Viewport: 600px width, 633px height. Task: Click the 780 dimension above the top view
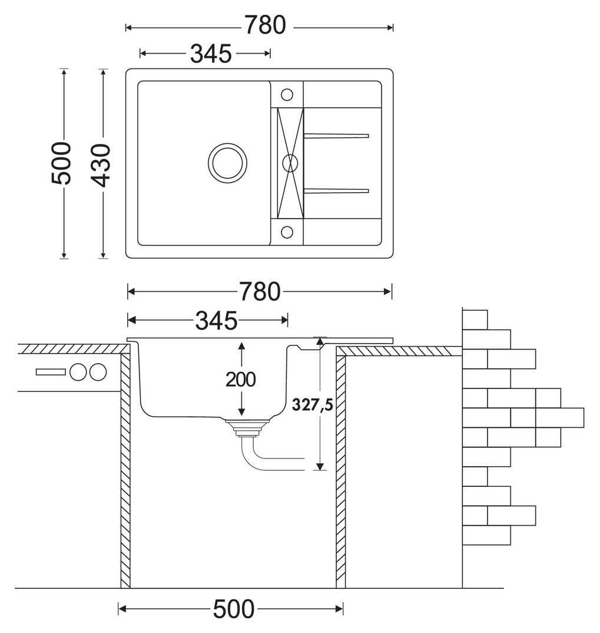(x=265, y=25)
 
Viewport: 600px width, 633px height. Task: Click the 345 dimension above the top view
(x=211, y=54)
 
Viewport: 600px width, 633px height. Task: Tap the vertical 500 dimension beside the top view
(x=61, y=163)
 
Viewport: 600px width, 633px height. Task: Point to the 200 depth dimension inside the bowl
(x=241, y=380)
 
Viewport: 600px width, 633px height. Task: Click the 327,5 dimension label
(x=313, y=404)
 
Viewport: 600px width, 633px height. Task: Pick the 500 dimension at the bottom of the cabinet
(x=234, y=609)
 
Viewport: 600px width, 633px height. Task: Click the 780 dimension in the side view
(x=260, y=292)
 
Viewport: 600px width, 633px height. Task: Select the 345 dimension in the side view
(x=217, y=321)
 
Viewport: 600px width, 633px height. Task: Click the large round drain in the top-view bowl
(x=228, y=163)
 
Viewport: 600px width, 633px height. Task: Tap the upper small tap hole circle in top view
(x=287, y=95)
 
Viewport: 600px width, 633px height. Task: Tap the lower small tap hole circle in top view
(x=287, y=232)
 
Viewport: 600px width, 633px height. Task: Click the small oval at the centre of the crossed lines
(x=290, y=163)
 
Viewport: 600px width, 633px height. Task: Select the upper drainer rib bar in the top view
(x=336, y=136)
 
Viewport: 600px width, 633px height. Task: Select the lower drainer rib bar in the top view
(x=336, y=191)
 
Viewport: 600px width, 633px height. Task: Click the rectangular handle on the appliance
(x=51, y=372)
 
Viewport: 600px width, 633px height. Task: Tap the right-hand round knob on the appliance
(x=98, y=372)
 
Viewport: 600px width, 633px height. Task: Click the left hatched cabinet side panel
(x=125, y=471)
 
